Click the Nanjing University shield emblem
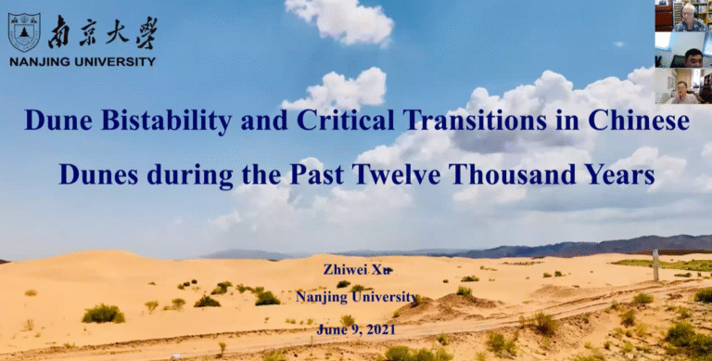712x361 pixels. [x=24, y=32]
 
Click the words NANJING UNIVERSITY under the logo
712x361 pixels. [x=83, y=62]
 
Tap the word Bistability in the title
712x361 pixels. [x=166, y=121]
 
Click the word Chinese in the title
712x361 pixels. [x=639, y=121]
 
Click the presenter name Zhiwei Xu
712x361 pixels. [x=357, y=269]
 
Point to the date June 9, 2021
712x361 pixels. [x=356, y=329]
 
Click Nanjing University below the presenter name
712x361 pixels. [x=356, y=297]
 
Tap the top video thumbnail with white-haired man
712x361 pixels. [x=683, y=16]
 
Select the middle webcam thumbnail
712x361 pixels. [x=683, y=50]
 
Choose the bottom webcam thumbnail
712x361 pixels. [x=683, y=86]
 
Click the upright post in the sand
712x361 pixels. [x=655, y=265]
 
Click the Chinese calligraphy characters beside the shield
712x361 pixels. [x=103, y=32]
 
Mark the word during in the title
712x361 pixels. [x=190, y=174]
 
